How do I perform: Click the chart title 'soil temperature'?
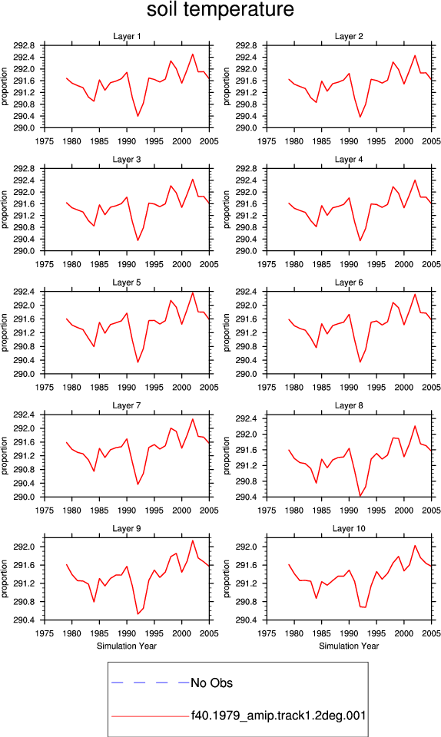pyautogui.click(x=220, y=9)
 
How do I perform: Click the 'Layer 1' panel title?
pyautogui.click(x=127, y=36)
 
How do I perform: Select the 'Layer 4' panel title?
pyautogui.click(x=349, y=160)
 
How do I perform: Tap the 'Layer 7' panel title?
pyautogui.click(x=127, y=405)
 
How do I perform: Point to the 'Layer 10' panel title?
pyautogui.click(x=349, y=529)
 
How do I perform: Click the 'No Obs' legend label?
pyautogui.click(x=211, y=683)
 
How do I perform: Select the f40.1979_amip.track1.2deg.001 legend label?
pyautogui.click(x=278, y=716)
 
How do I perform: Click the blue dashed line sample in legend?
pyautogui.click(x=150, y=682)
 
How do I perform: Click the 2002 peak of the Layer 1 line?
pyautogui.click(x=193, y=54)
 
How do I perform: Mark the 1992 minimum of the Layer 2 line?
pyautogui.click(x=360, y=117)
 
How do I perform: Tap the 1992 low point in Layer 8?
pyautogui.click(x=360, y=496)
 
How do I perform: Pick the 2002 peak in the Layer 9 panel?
pyautogui.click(x=193, y=540)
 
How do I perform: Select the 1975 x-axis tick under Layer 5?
pyautogui.click(x=45, y=387)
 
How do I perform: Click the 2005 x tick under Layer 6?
pyautogui.click(x=431, y=387)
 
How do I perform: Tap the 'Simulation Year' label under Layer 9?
pyautogui.click(x=127, y=646)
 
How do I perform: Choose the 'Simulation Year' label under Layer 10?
pyautogui.click(x=349, y=646)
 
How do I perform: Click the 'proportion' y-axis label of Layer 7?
pyautogui.click(x=5, y=455)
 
